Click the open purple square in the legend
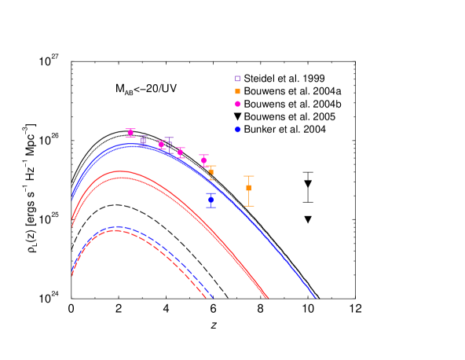[237, 79]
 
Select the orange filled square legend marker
[237, 91]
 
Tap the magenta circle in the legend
[237, 104]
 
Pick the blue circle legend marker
[237, 130]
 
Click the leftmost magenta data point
[130, 132]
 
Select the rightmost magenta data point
[203, 160]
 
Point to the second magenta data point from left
[161, 144]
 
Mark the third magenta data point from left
[180, 152]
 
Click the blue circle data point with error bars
[211, 200]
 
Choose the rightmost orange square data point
[248, 188]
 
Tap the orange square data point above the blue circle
[211, 171]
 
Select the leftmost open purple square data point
[143, 141]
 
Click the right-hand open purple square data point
[169, 144]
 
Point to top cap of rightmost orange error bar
[248, 176]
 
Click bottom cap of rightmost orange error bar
[248, 206]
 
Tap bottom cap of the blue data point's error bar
[211, 208]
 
